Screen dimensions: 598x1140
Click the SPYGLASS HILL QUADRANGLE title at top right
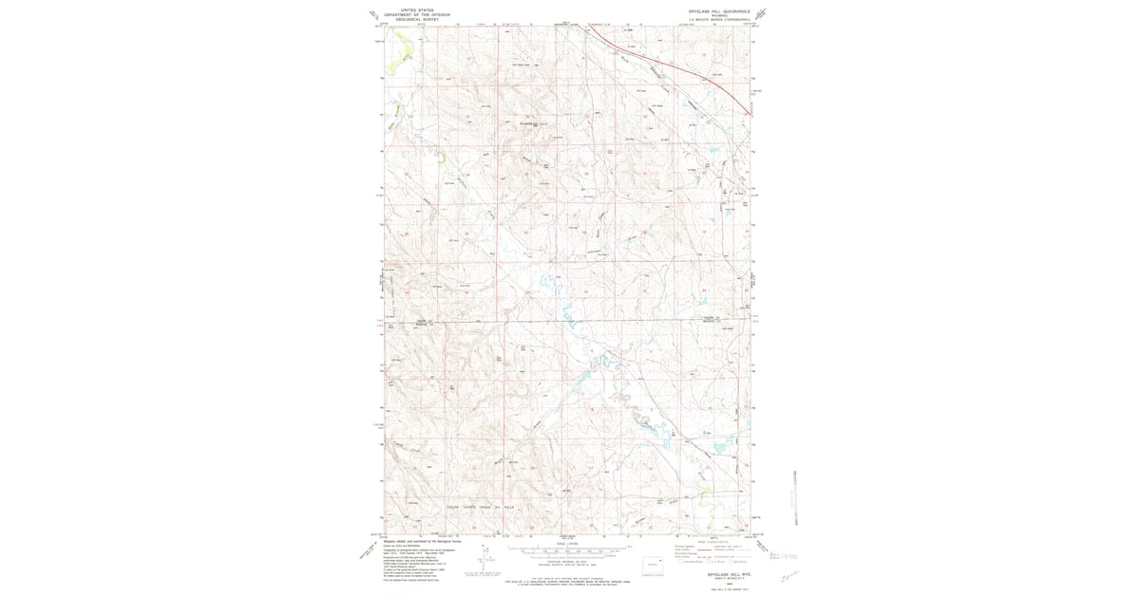[x=719, y=10]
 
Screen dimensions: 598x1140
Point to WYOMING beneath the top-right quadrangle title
[x=719, y=14]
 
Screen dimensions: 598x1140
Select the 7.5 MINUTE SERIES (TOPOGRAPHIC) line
[x=719, y=19]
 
